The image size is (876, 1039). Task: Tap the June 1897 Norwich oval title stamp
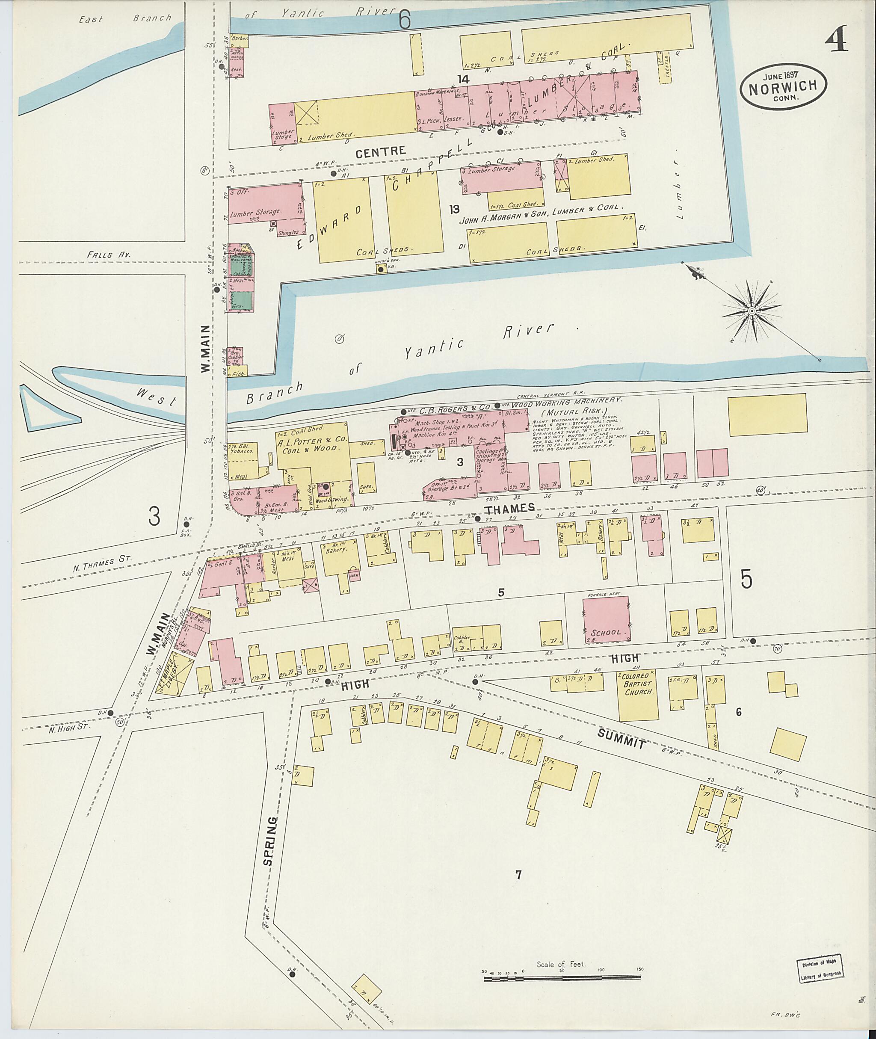point(783,86)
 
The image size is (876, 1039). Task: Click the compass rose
point(752,311)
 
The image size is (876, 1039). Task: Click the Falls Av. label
point(105,254)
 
